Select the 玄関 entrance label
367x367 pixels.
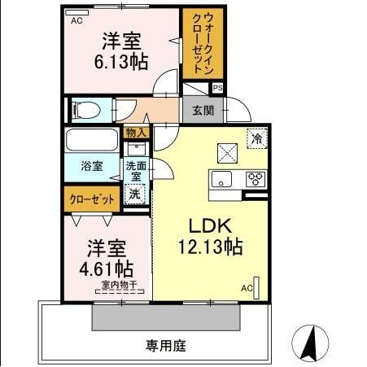203,110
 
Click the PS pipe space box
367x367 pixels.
217,88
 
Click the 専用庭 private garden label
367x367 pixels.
166,346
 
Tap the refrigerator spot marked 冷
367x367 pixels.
256,139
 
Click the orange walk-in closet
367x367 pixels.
198,45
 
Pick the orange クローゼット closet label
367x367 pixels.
90,198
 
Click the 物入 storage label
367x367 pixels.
136,132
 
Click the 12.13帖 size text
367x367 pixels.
210,247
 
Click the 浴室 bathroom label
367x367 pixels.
91,166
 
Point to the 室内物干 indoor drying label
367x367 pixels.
120,284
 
